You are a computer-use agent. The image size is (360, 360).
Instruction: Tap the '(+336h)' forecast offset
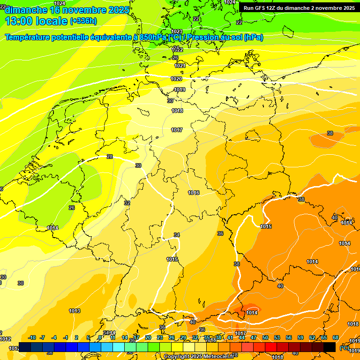[x=83, y=21]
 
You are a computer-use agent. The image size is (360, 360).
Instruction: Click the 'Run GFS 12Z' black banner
[x=299, y=8]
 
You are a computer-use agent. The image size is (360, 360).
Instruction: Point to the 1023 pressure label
[x=177, y=31]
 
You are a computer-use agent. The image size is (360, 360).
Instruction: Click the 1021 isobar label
[x=180, y=66]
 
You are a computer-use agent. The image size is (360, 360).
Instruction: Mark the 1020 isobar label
[x=176, y=79]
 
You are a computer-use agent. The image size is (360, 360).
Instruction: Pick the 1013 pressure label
[x=74, y=311]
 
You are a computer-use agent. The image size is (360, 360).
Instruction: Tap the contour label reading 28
[x=110, y=157]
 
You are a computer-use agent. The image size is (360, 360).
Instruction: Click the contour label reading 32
[x=127, y=203]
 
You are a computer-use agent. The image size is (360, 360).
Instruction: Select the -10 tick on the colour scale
[x=32, y=337]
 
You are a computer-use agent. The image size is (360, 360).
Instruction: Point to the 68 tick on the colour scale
[x=336, y=337]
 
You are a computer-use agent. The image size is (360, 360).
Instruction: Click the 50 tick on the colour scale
[x=265, y=337]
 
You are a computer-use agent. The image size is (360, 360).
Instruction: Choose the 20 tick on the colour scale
[x=148, y=337]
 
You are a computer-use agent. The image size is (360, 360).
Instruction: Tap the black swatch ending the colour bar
[x=330, y=347]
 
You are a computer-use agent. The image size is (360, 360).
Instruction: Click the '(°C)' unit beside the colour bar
[x=344, y=347]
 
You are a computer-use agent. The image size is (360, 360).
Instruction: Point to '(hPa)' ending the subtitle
[x=254, y=37]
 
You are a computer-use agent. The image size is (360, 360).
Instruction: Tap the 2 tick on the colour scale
[x=76, y=337]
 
